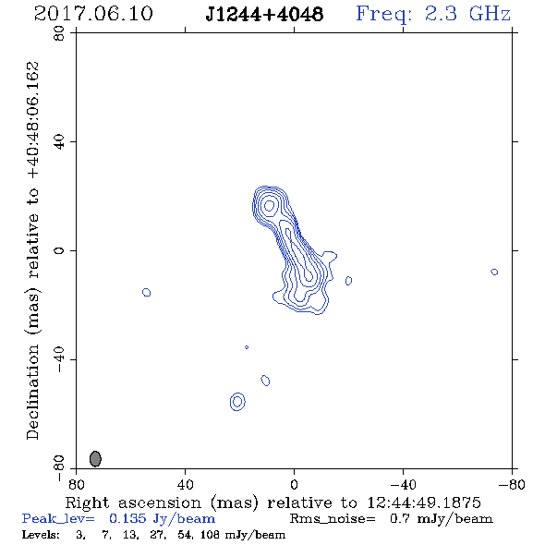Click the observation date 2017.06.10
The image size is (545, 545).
tap(93, 14)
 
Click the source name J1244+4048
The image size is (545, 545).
tap(264, 15)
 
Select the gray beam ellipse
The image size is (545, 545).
tap(95, 458)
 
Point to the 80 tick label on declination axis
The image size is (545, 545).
tap(59, 33)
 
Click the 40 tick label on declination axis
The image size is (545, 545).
tap(59, 142)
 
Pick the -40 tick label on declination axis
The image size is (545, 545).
tap(59, 359)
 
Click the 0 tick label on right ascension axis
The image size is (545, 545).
tap(294, 484)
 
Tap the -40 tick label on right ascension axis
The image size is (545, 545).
tap(403, 484)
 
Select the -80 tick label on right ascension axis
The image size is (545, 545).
tap(512, 484)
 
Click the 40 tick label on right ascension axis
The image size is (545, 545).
tap(185, 484)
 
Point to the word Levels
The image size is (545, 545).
tap(41, 534)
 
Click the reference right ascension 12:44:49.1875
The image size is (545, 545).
tap(424, 503)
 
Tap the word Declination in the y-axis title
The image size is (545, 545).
tap(32, 392)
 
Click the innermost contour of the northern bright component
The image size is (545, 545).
tap(270, 202)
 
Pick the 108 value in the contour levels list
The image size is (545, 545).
tap(210, 534)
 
